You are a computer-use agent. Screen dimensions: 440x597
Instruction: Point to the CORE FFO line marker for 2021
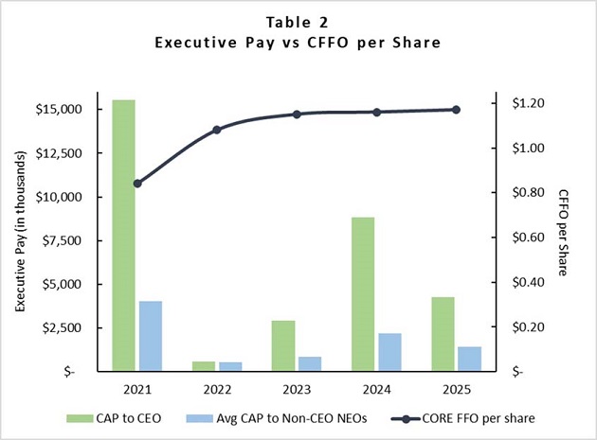(x=137, y=184)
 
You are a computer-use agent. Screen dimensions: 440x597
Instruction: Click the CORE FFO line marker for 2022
(x=217, y=130)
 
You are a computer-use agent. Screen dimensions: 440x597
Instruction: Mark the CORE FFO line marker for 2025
(x=456, y=110)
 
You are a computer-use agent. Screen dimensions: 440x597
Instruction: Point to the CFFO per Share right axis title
(x=562, y=233)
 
